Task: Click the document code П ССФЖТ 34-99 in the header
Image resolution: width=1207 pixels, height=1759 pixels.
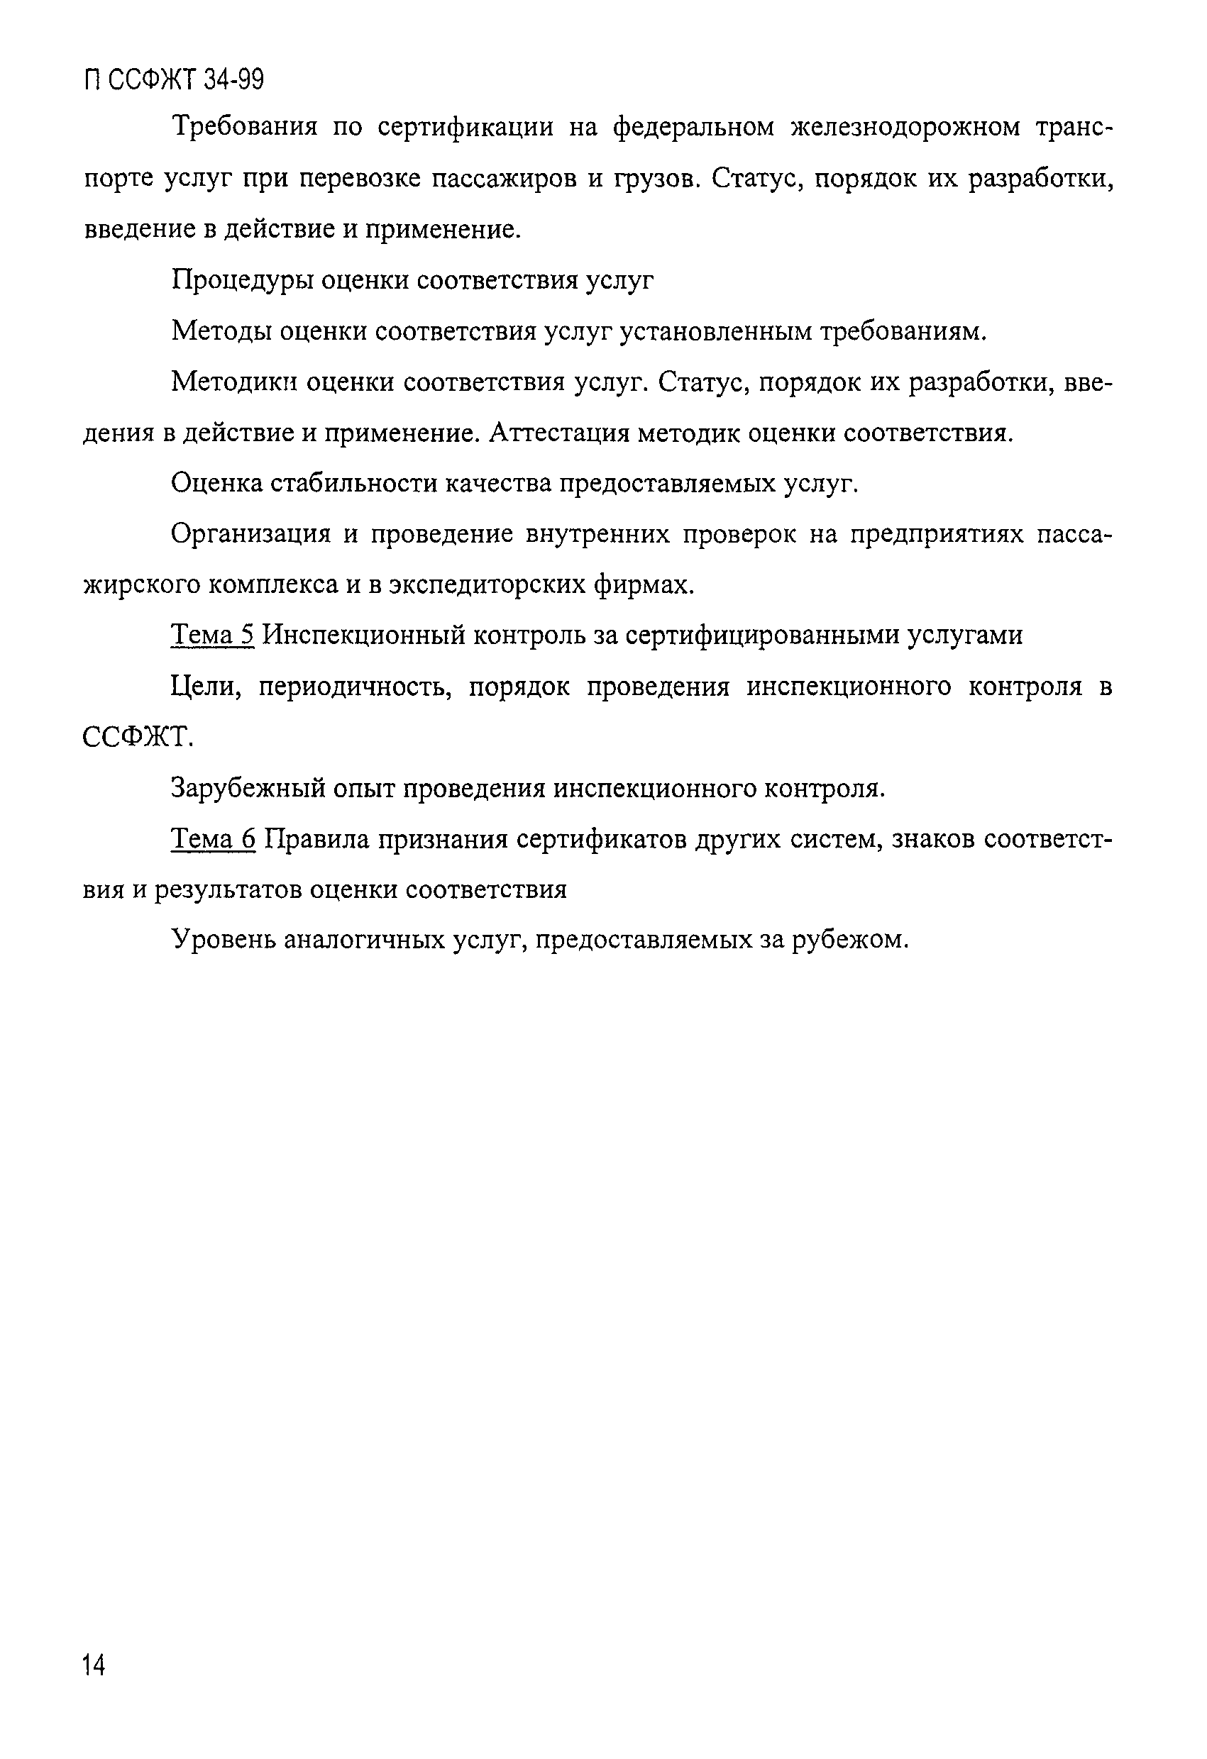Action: (x=174, y=79)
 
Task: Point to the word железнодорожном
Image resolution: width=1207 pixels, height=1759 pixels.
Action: (x=905, y=127)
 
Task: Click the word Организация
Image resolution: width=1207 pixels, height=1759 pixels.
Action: (x=251, y=534)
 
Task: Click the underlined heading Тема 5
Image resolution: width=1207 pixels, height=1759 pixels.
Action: (x=213, y=635)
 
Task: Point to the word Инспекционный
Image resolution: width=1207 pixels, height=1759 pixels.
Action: (x=363, y=635)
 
